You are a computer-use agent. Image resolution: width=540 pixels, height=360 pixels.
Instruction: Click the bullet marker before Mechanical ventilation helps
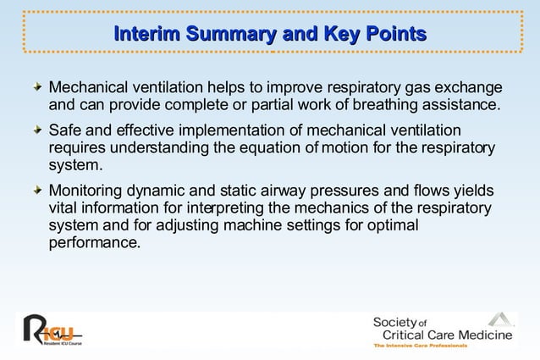pos(36,89)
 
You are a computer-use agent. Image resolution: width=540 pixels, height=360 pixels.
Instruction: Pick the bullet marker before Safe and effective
pos(36,131)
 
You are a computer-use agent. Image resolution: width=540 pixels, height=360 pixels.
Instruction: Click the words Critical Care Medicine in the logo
pos(447,336)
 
